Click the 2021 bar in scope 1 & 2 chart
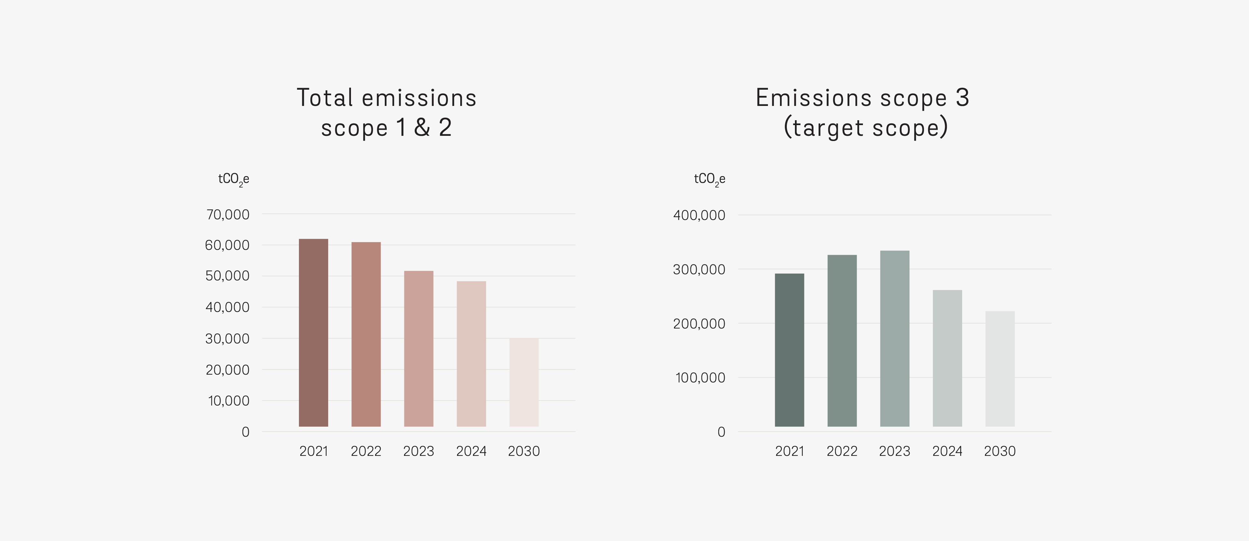click(x=313, y=333)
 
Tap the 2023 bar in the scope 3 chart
click(x=894, y=339)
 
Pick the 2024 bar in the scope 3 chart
click(x=947, y=358)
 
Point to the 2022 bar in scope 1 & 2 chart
click(x=366, y=334)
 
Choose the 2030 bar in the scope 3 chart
click(x=1000, y=369)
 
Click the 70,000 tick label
click(x=227, y=214)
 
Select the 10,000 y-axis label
click(x=228, y=401)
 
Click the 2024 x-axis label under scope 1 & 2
click(x=471, y=451)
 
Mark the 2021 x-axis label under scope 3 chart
click(x=789, y=451)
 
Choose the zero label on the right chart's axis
click(x=721, y=432)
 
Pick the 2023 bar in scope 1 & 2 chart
click(x=418, y=349)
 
